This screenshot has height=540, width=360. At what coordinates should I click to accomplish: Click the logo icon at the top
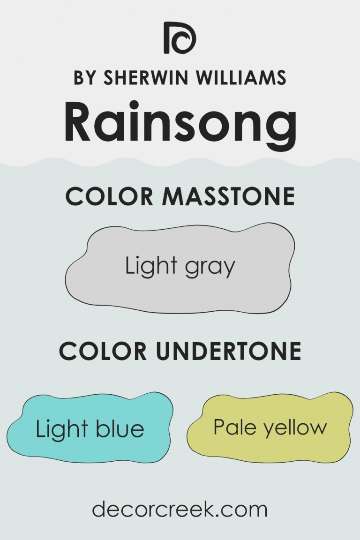tap(180, 37)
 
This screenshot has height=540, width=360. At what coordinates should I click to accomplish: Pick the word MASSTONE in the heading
tap(228, 196)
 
